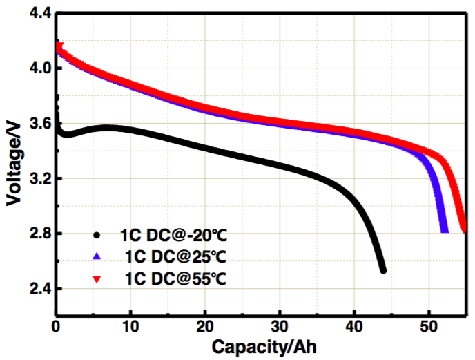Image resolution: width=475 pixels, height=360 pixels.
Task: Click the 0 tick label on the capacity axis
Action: (x=55, y=325)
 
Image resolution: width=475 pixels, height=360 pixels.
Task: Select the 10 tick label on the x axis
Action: (x=130, y=325)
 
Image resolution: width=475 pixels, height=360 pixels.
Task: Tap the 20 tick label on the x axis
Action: (x=204, y=325)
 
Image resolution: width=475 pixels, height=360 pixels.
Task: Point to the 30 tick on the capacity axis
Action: (x=279, y=325)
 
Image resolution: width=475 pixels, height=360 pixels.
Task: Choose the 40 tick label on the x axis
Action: (x=353, y=325)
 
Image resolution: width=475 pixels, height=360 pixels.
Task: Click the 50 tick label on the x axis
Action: (x=428, y=325)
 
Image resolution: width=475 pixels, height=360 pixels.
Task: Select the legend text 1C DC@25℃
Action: (x=175, y=257)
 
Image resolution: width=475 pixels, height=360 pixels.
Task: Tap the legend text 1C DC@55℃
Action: (x=175, y=279)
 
